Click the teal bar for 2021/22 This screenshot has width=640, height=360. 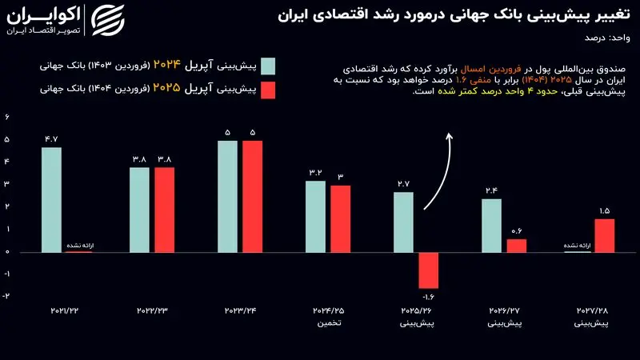51,199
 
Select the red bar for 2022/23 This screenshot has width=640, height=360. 165,210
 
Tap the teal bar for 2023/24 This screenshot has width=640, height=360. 227,196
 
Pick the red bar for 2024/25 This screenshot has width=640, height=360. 341,218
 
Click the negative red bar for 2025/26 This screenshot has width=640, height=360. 429,270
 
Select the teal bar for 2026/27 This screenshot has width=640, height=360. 491,226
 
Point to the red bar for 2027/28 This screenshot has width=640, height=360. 605,235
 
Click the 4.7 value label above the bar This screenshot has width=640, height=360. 52,138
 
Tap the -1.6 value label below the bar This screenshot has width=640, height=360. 429,297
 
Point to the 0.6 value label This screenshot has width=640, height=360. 517,231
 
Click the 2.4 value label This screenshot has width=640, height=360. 491,190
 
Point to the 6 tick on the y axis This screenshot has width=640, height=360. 7,117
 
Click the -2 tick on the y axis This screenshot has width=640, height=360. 6,296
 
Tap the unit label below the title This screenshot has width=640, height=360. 607,38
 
